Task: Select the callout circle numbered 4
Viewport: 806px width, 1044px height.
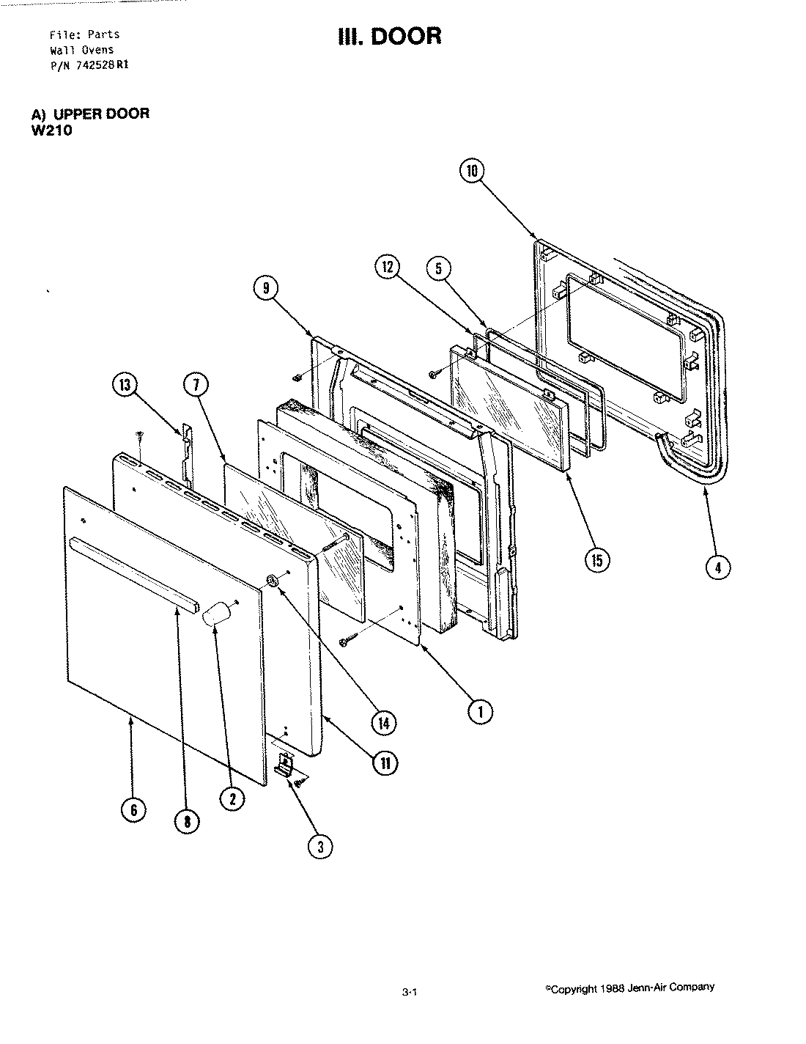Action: click(718, 567)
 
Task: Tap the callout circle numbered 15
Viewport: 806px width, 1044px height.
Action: click(596, 560)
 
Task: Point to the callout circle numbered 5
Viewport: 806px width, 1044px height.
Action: click(438, 268)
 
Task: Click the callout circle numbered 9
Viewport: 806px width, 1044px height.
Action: click(265, 289)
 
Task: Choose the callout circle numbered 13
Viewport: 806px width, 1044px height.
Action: click(125, 385)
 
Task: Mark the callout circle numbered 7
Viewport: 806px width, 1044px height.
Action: click(198, 385)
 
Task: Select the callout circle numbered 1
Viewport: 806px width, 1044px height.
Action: click(480, 710)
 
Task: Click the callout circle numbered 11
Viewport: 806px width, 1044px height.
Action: click(384, 763)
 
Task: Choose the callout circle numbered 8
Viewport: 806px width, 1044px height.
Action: click(187, 822)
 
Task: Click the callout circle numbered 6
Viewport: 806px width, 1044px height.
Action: click(134, 809)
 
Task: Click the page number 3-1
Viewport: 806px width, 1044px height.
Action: click(410, 993)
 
